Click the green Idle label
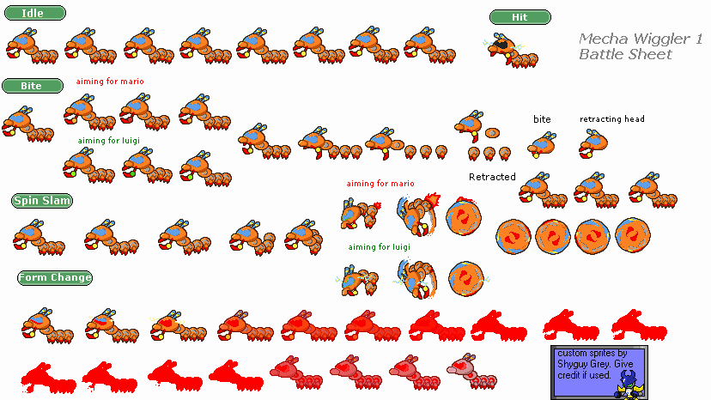click(x=35, y=13)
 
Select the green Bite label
click(x=33, y=86)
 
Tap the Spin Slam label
click(x=42, y=201)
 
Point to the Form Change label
click(x=55, y=277)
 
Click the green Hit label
click(x=520, y=17)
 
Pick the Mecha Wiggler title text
click(x=641, y=39)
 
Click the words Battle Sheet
click(x=625, y=54)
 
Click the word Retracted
click(x=492, y=177)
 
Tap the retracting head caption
click(x=611, y=119)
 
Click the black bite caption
click(x=542, y=119)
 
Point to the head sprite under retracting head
click(x=593, y=143)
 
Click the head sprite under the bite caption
click(x=542, y=145)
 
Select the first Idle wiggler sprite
click(x=32, y=46)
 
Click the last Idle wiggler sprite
click(x=430, y=45)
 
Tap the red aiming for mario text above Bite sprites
click(x=110, y=82)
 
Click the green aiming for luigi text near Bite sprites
click(x=109, y=141)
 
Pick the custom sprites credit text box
click(x=599, y=373)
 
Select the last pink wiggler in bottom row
click(x=471, y=372)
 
